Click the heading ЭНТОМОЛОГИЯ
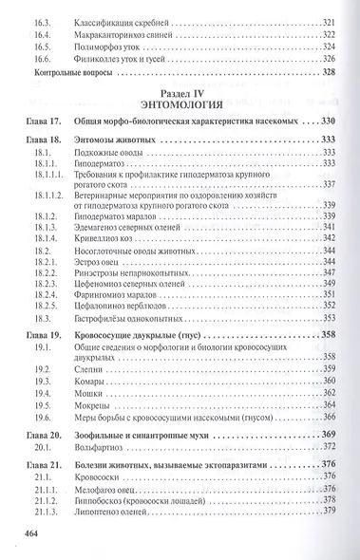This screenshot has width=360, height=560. coord(180,104)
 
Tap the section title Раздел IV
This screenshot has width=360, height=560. coord(180,92)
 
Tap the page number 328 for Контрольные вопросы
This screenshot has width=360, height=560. coord(330,72)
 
